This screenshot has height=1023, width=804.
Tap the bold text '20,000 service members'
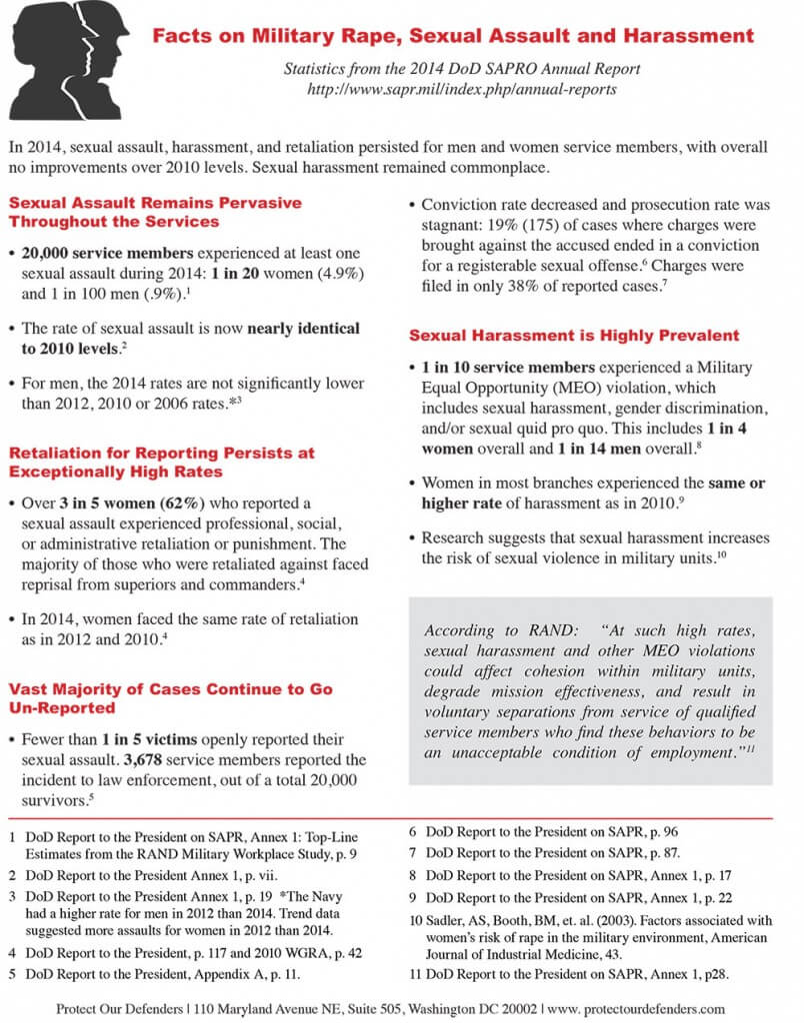[x=101, y=254]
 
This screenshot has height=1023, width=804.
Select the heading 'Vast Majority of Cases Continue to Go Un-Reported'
[x=170, y=698]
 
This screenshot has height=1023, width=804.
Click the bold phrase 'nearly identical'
[x=304, y=329]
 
